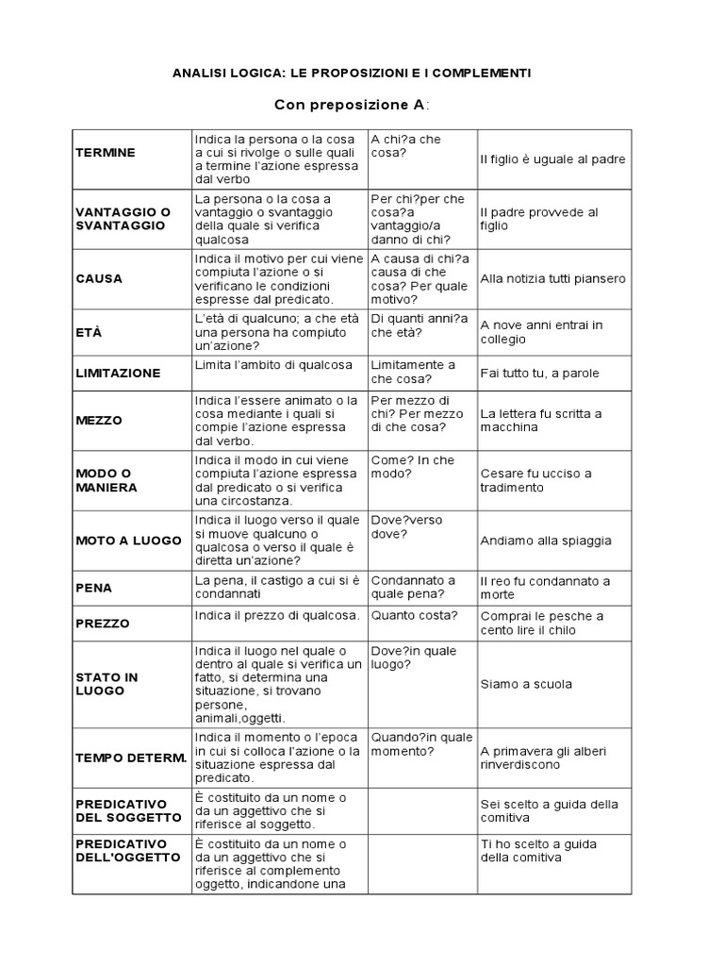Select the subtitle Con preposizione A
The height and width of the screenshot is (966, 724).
[351, 104]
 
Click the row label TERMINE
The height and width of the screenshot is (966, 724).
[106, 153]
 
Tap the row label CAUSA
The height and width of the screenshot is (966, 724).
[99, 279]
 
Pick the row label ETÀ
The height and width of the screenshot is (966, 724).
[88, 333]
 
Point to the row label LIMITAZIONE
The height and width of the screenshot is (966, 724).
[118, 374]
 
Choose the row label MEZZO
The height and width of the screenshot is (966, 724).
[99, 421]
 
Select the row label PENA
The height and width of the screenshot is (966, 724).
[93, 588]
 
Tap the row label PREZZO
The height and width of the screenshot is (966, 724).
[103, 624]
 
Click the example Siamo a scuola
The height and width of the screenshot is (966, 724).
[526, 684]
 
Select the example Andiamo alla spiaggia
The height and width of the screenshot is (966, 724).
[546, 541]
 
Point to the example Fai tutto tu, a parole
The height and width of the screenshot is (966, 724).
[539, 373]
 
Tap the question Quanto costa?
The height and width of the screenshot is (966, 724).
[415, 616]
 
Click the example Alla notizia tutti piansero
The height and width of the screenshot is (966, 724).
[552, 279]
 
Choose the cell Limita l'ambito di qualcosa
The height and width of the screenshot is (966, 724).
[273, 365]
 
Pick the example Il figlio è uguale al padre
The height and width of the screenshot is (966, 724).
[552, 159]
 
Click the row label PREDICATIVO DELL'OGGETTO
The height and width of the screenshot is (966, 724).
[128, 851]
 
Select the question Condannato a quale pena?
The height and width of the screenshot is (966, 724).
[413, 588]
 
